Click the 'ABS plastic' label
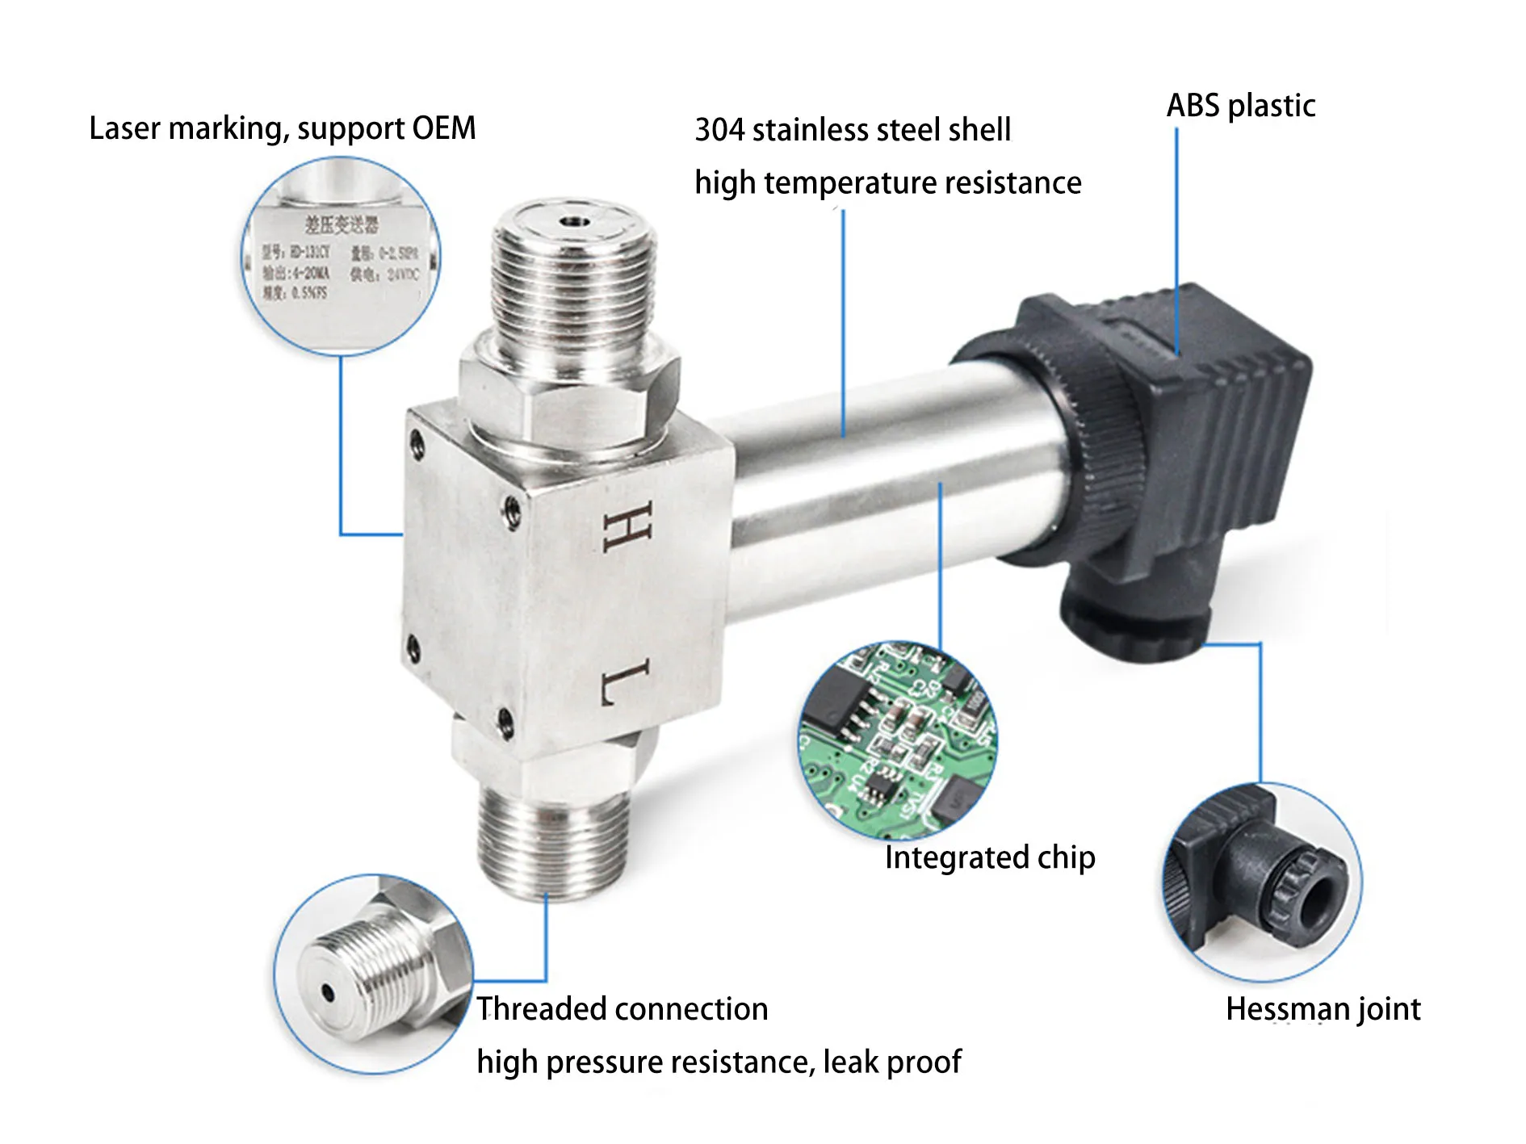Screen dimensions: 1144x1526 (1240, 106)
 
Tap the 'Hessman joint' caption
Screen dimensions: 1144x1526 (1323, 1009)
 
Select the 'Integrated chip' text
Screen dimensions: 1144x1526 (990, 857)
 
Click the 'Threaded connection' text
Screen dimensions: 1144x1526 (622, 1009)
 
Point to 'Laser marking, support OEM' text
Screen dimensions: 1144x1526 (283, 128)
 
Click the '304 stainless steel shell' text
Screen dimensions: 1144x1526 (853, 130)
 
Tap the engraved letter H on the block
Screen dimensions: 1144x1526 (627, 526)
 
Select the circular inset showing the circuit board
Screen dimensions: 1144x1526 (898, 740)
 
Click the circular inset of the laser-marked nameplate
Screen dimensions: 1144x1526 (341, 255)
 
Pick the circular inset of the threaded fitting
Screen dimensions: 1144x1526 (373, 974)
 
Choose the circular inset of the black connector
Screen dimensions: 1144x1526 (1262, 882)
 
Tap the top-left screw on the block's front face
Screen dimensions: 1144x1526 (417, 442)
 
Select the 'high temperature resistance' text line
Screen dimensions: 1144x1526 (888, 183)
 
